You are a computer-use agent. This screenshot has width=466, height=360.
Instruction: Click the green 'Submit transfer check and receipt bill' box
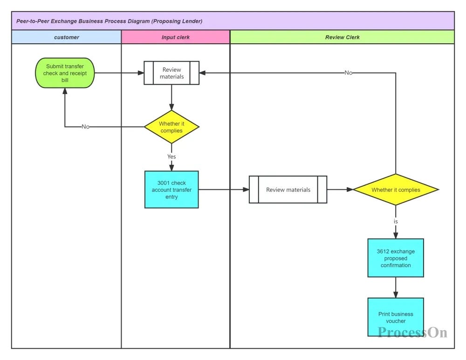65,73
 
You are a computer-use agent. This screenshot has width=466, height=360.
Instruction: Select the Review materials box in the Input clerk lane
171,73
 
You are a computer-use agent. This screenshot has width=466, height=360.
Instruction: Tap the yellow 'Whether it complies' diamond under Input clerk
171,127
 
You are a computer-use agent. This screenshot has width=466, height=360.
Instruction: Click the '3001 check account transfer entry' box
171,190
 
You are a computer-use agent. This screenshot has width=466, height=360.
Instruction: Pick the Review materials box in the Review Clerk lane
288,190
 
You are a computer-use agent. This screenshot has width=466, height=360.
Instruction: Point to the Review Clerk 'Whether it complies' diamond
396,190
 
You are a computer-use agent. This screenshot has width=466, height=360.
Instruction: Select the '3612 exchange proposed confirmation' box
396,258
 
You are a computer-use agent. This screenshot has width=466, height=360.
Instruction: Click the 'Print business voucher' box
396,317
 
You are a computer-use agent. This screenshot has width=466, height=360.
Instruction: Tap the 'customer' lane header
67,37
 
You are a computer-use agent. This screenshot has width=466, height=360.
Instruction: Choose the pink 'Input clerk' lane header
176,37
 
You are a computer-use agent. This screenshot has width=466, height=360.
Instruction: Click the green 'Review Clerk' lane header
342,37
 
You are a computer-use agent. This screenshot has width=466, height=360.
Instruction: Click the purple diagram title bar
233,21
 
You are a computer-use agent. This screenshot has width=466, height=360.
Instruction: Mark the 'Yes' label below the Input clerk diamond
171,156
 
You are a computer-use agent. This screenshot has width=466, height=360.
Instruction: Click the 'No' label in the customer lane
85,127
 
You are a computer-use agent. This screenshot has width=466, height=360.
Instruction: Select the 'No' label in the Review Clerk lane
348,73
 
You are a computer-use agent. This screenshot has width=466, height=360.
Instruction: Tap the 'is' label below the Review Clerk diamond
396,222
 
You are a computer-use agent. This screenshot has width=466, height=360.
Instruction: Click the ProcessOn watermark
412,332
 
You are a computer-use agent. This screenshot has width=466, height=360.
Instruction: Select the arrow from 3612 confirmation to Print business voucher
396,287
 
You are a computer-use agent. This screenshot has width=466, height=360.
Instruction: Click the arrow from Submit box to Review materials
119,73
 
